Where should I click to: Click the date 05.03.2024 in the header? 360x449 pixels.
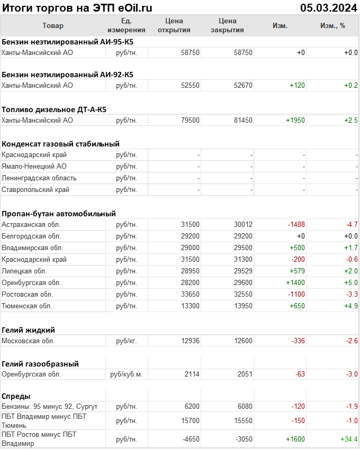coord(328,7)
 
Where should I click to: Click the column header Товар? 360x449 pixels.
coord(52,25)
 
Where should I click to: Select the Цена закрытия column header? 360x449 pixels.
coord(227,25)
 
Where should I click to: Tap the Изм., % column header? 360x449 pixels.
coord(332,25)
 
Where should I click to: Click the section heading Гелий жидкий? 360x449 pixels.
coord(28,329)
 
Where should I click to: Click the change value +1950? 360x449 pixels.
coord(295,120)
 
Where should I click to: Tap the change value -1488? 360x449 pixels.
coord(296,224)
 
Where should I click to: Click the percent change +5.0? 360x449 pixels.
coord(351,282)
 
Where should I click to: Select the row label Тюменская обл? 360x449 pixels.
coord(28,306)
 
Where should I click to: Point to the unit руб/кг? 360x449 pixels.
coord(127,341)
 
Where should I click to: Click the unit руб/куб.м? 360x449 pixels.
coord(127,374)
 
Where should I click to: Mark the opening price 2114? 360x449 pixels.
coord(192,374)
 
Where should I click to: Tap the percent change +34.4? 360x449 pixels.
coord(349,439)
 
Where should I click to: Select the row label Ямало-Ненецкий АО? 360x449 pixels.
coord(34,166)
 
